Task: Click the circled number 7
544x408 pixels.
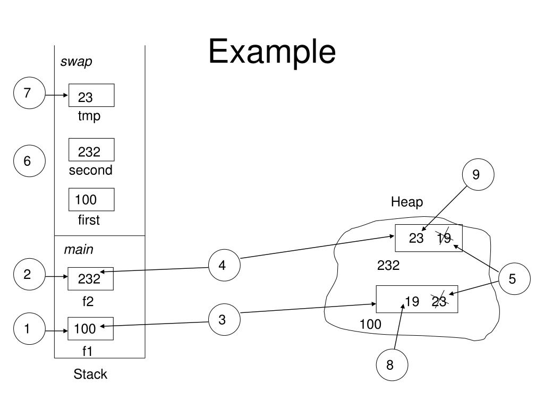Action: [29, 93]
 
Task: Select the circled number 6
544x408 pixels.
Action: [29, 161]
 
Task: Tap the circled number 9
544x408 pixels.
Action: [478, 174]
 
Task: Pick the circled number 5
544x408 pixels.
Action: [514, 278]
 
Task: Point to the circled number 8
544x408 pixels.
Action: [392, 364]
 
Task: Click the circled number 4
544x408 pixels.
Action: [224, 265]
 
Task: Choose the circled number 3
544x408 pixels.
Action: [224, 319]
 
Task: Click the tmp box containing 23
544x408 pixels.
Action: [91, 95]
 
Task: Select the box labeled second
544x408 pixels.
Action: [91, 149]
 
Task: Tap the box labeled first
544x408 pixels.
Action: [91, 200]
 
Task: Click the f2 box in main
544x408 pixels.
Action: [90, 278]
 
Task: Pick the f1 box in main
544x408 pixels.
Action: [90, 328]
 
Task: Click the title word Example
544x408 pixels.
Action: [272, 52]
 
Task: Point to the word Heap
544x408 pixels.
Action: [407, 202]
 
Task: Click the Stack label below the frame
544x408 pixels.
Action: [90, 374]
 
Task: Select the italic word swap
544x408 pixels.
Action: [76, 62]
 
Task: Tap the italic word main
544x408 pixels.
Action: [79, 250]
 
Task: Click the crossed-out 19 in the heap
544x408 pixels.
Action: [444, 237]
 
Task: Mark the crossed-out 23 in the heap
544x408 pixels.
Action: [439, 301]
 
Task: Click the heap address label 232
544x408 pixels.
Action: [388, 266]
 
